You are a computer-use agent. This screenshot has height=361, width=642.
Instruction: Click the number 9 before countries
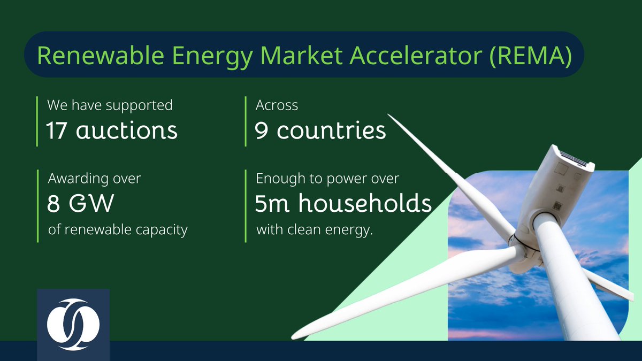261,130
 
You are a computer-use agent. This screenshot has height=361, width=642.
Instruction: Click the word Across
277,105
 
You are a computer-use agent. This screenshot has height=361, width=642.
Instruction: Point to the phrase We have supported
110,105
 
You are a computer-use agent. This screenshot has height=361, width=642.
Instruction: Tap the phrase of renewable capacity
117,230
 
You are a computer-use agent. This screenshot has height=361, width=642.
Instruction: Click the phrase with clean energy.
314,231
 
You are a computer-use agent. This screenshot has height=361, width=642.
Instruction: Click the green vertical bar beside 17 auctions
37,121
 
